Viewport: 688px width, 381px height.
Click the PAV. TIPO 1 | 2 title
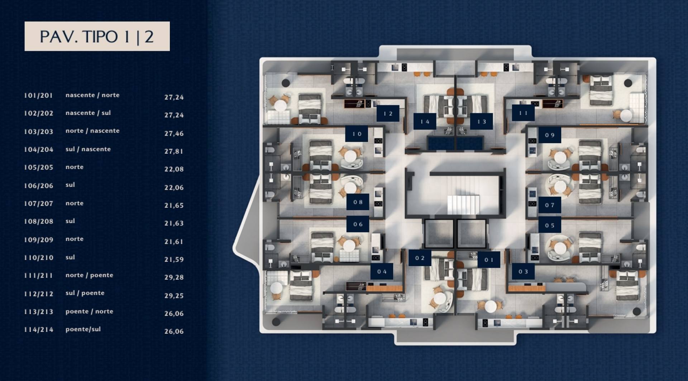click(x=97, y=37)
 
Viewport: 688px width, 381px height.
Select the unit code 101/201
click(x=38, y=95)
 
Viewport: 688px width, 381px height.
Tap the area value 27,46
click(x=174, y=133)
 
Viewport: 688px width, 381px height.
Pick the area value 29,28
click(x=174, y=277)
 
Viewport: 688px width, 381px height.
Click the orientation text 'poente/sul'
click(x=83, y=329)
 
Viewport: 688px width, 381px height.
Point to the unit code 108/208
click(x=38, y=221)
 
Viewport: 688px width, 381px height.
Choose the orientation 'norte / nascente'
click(x=92, y=131)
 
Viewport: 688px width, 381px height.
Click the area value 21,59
click(x=174, y=259)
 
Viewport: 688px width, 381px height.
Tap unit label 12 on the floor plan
click(x=388, y=114)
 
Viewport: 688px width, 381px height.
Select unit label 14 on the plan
click(x=425, y=121)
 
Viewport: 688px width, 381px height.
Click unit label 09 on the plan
click(x=550, y=135)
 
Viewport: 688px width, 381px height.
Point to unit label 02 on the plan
click(x=420, y=258)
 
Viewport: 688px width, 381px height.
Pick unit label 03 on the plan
click(x=523, y=271)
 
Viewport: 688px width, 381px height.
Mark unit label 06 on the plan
click(x=358, y=224)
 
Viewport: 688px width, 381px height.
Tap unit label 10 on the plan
click(x=357, y=134)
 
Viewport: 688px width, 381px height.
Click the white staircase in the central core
click(x=463, y=204)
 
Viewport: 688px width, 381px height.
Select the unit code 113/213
click(x=38, y=312)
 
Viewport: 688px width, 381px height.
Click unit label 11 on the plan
click(x=523, y=113)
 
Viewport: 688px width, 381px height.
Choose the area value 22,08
click(x=174, y=169)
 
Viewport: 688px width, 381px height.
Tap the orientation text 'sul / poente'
click(x=85, y=293)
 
